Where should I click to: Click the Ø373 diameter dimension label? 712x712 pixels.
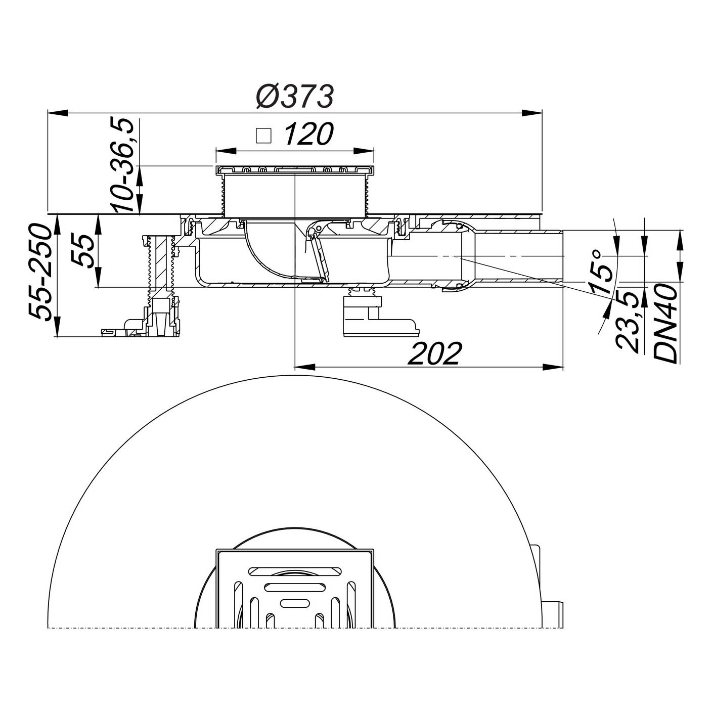point(296,97)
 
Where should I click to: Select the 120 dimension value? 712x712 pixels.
point(308,134)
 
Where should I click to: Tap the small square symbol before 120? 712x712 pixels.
point(264,136)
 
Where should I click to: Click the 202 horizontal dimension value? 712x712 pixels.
point(435,353)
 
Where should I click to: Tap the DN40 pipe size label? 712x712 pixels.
point(666,324)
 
